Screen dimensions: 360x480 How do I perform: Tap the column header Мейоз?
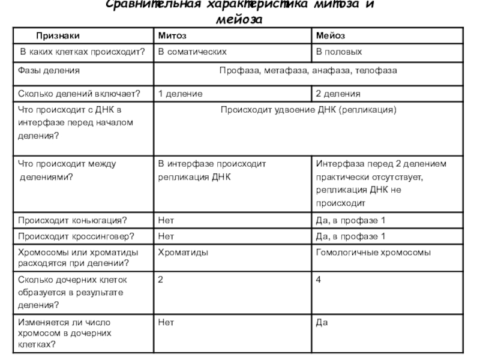(331, 37)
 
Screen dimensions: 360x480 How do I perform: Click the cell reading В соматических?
(192, 52)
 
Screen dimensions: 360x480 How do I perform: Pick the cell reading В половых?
(340, 52)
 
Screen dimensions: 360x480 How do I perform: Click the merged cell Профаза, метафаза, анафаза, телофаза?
(308, 71)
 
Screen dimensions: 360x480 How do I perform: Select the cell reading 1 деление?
(180, 94)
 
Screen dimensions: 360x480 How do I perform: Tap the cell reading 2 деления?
(338, 94)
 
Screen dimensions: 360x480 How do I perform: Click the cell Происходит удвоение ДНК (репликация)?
(308, 110)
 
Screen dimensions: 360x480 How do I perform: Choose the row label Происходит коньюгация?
(72, 220)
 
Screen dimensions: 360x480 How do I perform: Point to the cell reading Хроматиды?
(183, 253)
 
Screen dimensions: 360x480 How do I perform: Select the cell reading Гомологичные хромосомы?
(373, 253)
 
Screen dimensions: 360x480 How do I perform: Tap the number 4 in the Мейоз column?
(319, 280)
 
